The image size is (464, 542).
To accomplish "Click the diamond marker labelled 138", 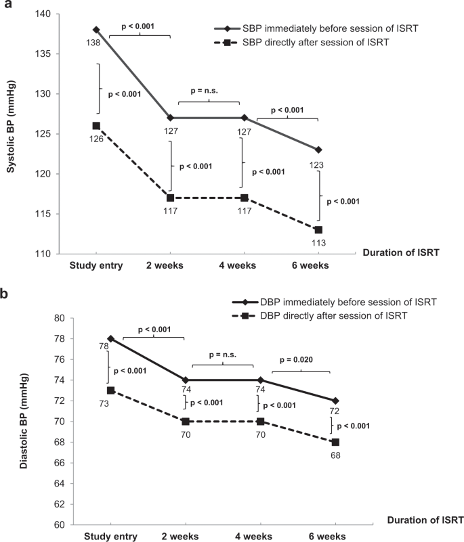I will (x=96, y=30).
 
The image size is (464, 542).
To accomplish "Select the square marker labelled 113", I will (x=318, y=229).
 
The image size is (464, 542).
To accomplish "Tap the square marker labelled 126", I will (x=96, y=126).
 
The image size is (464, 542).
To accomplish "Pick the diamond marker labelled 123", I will (x=318, y=150).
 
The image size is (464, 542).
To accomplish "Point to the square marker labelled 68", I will (x=335, y=442).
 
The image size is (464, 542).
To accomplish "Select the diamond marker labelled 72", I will (x=335, y=401).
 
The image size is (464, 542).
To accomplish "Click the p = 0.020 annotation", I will (x=300, y=361).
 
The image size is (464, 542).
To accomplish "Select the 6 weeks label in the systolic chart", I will (x=312, y=266).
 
